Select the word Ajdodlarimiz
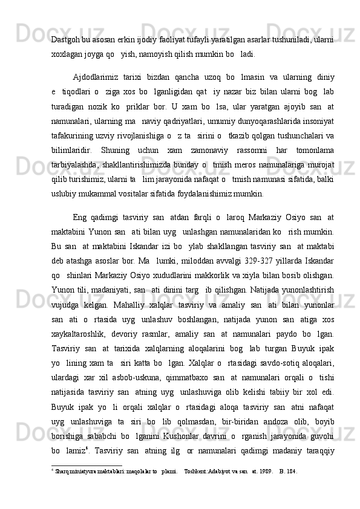(95, 77)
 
